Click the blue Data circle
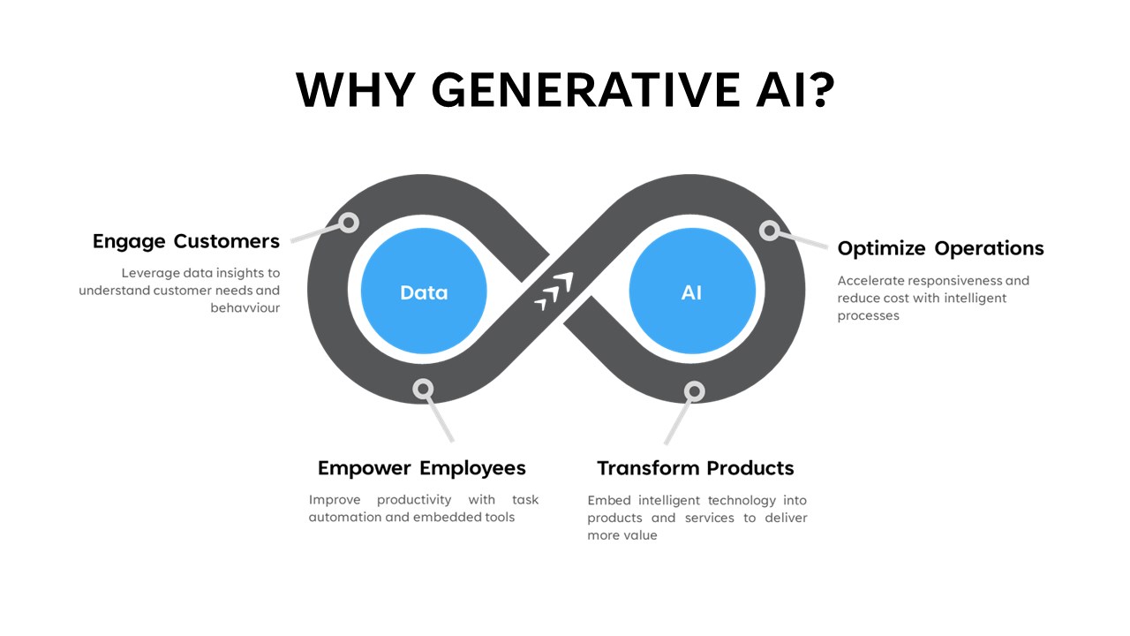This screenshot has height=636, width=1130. pos(424,291)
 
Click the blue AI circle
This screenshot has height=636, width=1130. pos(692,291)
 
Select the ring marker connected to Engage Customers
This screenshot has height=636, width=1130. pos(349,223)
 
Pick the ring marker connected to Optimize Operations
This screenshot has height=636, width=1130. pos(769,231)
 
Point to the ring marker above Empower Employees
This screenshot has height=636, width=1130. pos(423,389)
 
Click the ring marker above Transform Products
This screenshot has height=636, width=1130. pos(695,391)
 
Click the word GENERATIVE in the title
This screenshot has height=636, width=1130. pos(585,90)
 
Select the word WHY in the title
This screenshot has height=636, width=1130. pos(356,90)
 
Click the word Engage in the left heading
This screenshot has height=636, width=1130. pos(129,242)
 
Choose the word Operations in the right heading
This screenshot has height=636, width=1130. pos(989,248)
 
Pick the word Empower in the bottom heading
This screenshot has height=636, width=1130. pos(365,469)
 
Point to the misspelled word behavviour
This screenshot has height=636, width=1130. pos(245,308)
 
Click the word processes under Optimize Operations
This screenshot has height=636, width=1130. pos(868,316)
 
